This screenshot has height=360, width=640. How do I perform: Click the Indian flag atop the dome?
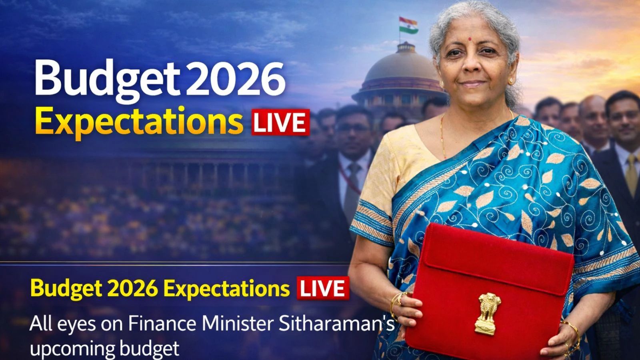coord(408,25)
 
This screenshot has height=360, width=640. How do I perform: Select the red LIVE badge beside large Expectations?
coord(280,122)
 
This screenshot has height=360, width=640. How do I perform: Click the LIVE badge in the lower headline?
coord(322,288)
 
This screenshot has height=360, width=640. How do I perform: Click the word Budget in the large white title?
coord(106,78)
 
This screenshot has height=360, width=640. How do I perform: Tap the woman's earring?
coord(511,82)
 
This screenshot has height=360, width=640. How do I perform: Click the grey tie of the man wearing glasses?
coord(354,180)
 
